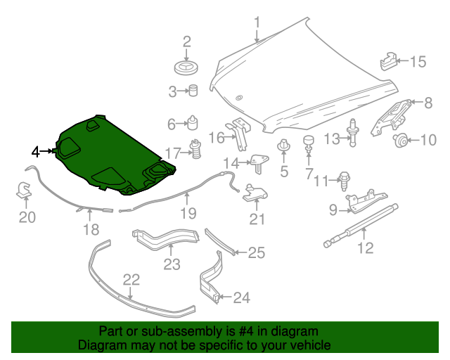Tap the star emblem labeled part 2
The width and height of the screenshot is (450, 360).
tap(187, 67)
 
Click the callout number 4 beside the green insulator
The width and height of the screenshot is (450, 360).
tap(36, 150)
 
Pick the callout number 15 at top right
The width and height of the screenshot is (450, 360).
tap(418, 62)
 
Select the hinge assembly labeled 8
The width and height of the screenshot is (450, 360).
tap(392, 114)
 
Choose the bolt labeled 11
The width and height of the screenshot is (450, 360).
tap(345, 179)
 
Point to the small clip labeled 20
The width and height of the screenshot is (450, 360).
tap(23, 190)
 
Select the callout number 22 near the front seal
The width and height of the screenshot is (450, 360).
tap(131, 280)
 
